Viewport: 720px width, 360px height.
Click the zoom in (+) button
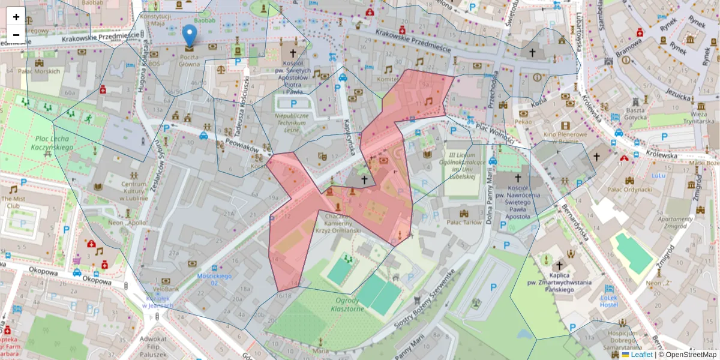pos(16,17)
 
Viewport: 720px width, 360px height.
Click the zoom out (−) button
pos(16,34)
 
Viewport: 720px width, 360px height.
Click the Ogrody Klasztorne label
pos(347,304)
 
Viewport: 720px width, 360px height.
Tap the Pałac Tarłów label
pos(464,223)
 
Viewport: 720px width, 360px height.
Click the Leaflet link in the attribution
pos(641,355)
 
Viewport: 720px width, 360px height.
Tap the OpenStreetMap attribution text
pos(691,355)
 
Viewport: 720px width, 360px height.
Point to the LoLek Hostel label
pos(608,301)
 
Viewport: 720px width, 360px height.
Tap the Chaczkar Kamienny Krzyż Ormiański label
pos(342,223)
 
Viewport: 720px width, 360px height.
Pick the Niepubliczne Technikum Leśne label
pos(292,122)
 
